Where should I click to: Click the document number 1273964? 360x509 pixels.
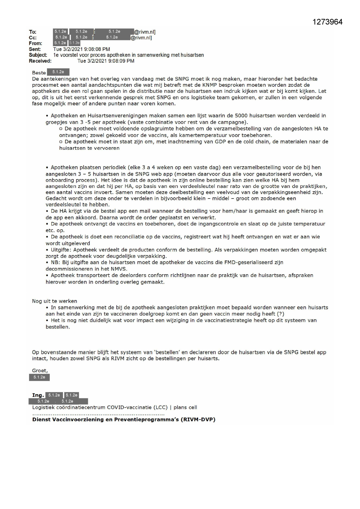click(x=328, y=22)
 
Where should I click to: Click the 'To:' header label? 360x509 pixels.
click(x=32, y=32)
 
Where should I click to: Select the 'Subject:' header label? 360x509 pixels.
click(x=38, y=55)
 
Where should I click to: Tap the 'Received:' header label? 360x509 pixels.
click(x=40, y=61)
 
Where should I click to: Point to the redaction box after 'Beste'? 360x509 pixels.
click(x=58, y=72)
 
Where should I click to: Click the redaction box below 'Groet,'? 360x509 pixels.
click(x=39, y=377)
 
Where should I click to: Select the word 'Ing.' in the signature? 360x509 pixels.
click(x=38, y=395)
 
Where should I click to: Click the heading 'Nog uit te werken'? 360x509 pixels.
click(x=55, y=301)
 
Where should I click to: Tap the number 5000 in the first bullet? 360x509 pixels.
click(x=241, y=115)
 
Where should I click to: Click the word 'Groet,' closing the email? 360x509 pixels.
click(x=40, y=371)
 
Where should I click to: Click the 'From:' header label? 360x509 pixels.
click(x=35, y=44)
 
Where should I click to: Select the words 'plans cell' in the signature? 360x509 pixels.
click(x=185, y=407)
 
